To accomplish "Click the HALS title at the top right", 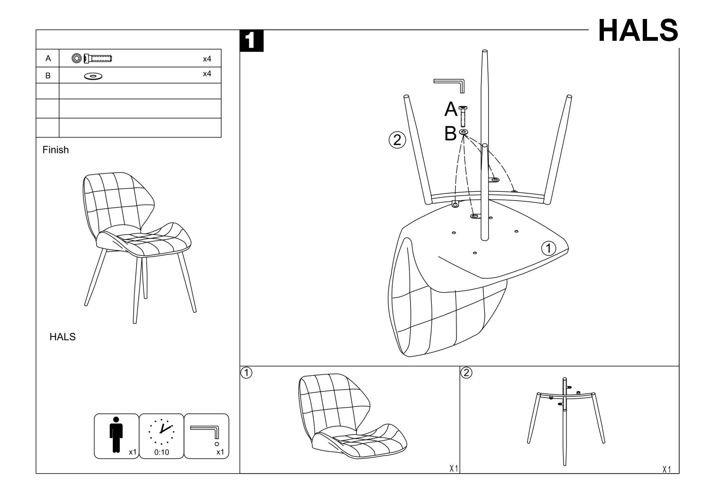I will click(x=638, y=31).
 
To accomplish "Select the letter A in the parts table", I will click(x=48, y=58).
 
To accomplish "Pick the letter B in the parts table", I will click(x=48, y=75).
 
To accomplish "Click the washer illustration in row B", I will click(x=93, y=76).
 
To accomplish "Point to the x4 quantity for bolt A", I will click(x=207, y=59).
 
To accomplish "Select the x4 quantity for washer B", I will click(x=207, y=74).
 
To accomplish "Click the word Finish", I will click(x=55, y=150).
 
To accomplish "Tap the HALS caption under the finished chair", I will click(x=63, y=337).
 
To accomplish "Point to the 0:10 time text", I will click(x=162, y=452).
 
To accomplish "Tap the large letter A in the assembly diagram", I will click(x=451, y=110).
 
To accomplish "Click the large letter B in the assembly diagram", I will click(x=450, y=134).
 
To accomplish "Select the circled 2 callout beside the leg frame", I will click(x=397, y=140).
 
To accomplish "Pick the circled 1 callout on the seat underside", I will click(x=548, y=248).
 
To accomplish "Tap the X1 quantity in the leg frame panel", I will click(x=666, y=469).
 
